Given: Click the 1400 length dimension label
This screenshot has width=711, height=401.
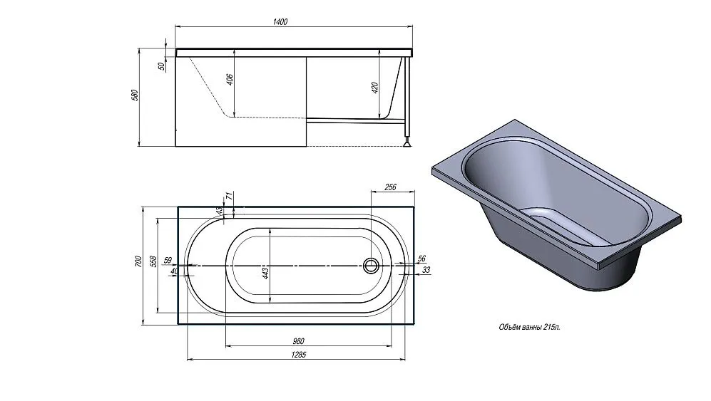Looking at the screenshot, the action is tap(280, 22).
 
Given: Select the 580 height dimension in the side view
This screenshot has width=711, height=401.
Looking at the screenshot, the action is tap(134, 95).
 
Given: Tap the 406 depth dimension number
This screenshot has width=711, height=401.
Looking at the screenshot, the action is tap(230, 80).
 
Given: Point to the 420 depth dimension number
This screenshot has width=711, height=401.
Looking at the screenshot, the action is tap(375, 88).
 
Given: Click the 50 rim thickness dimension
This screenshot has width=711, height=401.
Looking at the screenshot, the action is tap(161, 66).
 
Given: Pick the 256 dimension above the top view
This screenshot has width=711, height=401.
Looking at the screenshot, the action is tap(390, 187).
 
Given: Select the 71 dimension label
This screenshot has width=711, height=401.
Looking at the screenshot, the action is tap(230, 196).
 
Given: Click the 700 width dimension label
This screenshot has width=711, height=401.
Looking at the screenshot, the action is tap(138, 262).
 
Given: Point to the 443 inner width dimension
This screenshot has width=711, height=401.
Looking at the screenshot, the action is tap(266, 273).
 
